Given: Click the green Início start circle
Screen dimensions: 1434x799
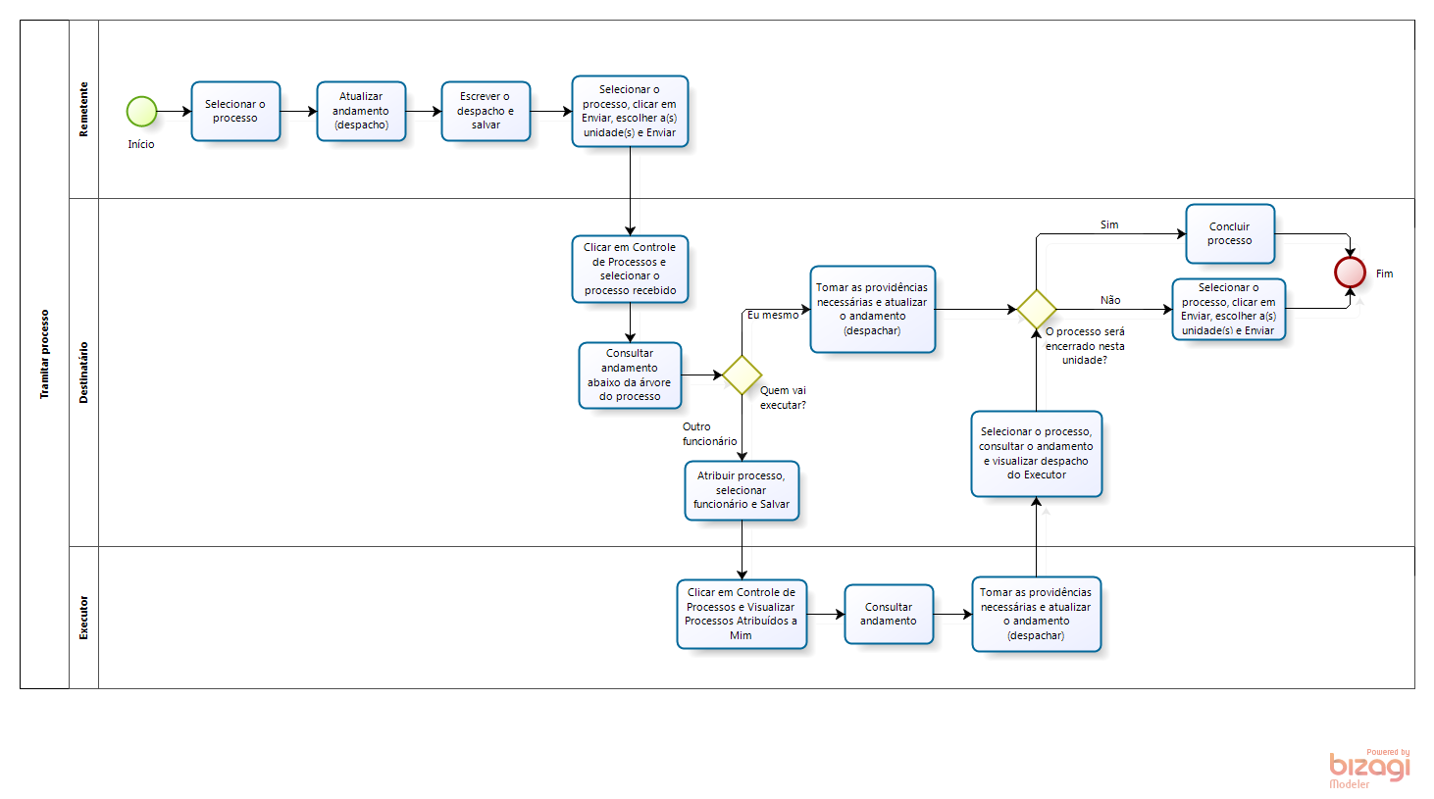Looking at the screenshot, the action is point(141,112).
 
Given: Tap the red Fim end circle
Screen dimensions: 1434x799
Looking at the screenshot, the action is point(1350,273).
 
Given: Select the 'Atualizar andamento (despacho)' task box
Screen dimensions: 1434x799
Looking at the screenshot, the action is point(361,111).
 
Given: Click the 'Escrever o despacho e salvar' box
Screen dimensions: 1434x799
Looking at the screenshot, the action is point(486,111).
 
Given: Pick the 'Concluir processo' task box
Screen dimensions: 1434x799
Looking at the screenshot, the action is point(1230,233).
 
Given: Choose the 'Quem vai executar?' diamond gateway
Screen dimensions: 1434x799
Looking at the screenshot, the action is point(742,375).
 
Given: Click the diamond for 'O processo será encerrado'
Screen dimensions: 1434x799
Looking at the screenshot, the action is point(1037,309).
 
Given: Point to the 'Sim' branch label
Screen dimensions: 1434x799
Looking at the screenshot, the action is point(1109,225).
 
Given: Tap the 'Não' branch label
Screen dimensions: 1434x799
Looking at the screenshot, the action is point(1110,300).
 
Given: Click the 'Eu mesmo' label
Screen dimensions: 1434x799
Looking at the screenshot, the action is point(773,315).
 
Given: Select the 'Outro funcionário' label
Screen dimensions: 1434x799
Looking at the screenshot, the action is point(709,433).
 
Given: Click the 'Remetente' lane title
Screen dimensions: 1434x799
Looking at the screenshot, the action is point(84,110).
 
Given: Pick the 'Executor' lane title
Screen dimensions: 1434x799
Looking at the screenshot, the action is point(84,618).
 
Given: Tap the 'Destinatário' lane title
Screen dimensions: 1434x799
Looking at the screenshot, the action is point(84,373).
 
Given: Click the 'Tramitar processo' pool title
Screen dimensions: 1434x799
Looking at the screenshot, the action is point(44,354).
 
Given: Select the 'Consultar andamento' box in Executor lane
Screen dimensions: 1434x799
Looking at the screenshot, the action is point(889,614).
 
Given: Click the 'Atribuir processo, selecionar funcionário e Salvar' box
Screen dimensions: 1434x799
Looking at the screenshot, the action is point(742,490).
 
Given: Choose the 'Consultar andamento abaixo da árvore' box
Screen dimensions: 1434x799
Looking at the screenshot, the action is point(630,375).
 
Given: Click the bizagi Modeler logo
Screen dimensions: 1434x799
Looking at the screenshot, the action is point(1369,769).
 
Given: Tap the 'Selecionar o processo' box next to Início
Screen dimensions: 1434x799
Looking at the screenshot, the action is point(235,111).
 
